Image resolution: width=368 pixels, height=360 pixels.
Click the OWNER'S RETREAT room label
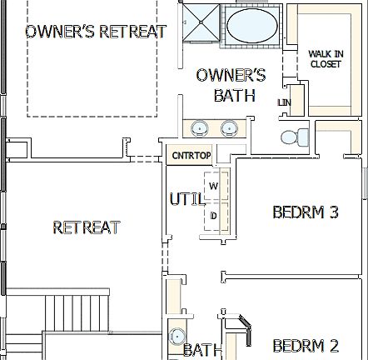(95, 32)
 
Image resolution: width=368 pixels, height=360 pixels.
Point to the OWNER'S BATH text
(231, 85)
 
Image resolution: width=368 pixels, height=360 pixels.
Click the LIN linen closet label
(285, 102)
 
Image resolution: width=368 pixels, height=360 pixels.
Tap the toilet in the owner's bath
(291, 136)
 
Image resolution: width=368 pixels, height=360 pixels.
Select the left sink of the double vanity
(201, 128)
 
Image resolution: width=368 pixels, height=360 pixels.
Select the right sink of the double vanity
(229, 128)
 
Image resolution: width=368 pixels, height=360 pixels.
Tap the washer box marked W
(213, 186)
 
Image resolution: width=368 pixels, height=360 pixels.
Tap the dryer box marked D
(213, 217)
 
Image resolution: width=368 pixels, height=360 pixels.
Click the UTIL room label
(186, 200)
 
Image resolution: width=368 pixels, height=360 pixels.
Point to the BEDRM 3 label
(306, 212)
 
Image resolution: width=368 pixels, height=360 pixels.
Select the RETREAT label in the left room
(87, 227)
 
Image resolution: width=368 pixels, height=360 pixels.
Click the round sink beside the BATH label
(177, 337)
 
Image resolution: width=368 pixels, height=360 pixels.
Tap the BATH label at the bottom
(203, 350)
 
